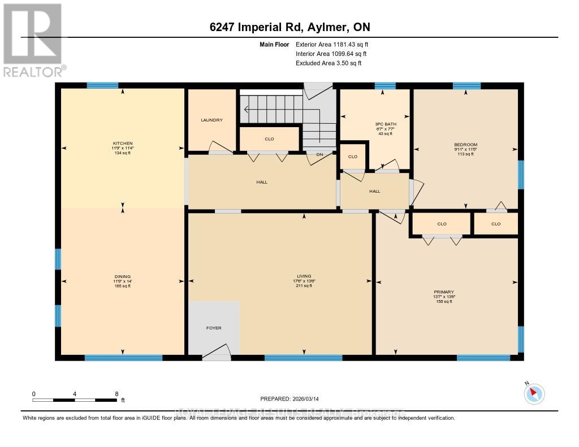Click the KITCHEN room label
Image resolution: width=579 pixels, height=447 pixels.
click(x=122, y=144)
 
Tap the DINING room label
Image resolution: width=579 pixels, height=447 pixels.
click(x=122, y=276)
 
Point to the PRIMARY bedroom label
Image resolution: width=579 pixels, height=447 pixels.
click(x=444, y=292)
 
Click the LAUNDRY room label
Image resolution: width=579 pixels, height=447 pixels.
click(x=211, y=120)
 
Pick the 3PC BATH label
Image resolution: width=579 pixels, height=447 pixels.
click(x=386, y=124)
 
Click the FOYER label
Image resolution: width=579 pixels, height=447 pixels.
click(x=214, y=328)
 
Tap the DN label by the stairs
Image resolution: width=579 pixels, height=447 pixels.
click(x=319, y=154)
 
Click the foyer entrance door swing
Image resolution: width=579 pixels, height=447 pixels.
click(x=217, y=352)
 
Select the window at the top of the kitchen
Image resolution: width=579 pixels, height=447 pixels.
click(x=102, y=85)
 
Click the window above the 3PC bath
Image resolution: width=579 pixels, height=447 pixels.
click(x=384, y=86)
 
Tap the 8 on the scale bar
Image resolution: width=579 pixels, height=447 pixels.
click(x=116, y=394)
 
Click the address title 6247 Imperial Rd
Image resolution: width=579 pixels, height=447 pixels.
click(x=289, y=27)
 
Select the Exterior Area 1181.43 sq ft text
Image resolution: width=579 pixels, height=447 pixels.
click(x=332, y=44)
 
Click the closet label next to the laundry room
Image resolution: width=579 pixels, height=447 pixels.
click(x=269, y=138)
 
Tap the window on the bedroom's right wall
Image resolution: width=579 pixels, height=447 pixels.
click(x=520, y=175)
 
